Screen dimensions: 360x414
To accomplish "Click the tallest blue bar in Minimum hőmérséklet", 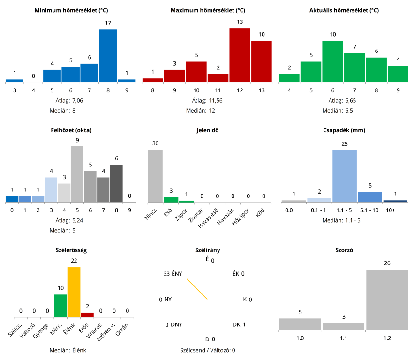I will [x=108, y=55].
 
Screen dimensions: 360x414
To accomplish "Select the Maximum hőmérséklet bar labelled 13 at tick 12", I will [x=240, y=55].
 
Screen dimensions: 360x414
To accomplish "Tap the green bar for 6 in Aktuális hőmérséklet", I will [x=333, y=61].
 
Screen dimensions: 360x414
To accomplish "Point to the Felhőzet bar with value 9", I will [x=77, y=174].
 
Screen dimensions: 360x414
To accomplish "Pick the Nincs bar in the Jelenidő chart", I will [x=155, y=176].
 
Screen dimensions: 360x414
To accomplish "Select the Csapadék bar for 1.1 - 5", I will [x=345, y=176].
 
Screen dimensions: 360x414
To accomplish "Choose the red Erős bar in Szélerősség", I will [x=87, y=314].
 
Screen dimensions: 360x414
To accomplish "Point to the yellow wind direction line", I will [x=197, y=289].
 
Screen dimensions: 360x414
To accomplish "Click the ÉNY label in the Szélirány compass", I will [x=177, y=274].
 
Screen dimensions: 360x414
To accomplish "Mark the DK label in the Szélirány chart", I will [x=237, y=324].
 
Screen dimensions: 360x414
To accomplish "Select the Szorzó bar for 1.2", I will [x=387, y=300].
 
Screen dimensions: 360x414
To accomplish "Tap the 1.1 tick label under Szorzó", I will [x=343, y=338].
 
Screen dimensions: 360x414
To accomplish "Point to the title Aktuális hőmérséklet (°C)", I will [x=344, y=10].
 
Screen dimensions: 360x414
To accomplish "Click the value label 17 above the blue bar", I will [x=108, y=23].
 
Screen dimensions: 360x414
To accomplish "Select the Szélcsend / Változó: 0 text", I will [x=207, y=350].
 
